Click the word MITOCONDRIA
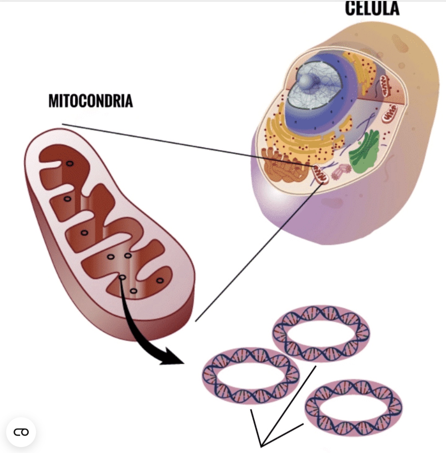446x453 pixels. pos(91,101)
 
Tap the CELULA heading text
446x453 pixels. pos(372,8)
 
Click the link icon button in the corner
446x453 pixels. pos(21,432)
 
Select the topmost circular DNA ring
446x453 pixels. pos(321,334)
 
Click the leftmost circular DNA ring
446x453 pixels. pos(251,375)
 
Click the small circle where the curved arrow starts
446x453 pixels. pos(123,277)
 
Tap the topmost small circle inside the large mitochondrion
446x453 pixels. pos(70,163)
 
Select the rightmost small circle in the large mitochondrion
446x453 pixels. pos(160,280)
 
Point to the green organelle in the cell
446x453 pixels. pos(364,150)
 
